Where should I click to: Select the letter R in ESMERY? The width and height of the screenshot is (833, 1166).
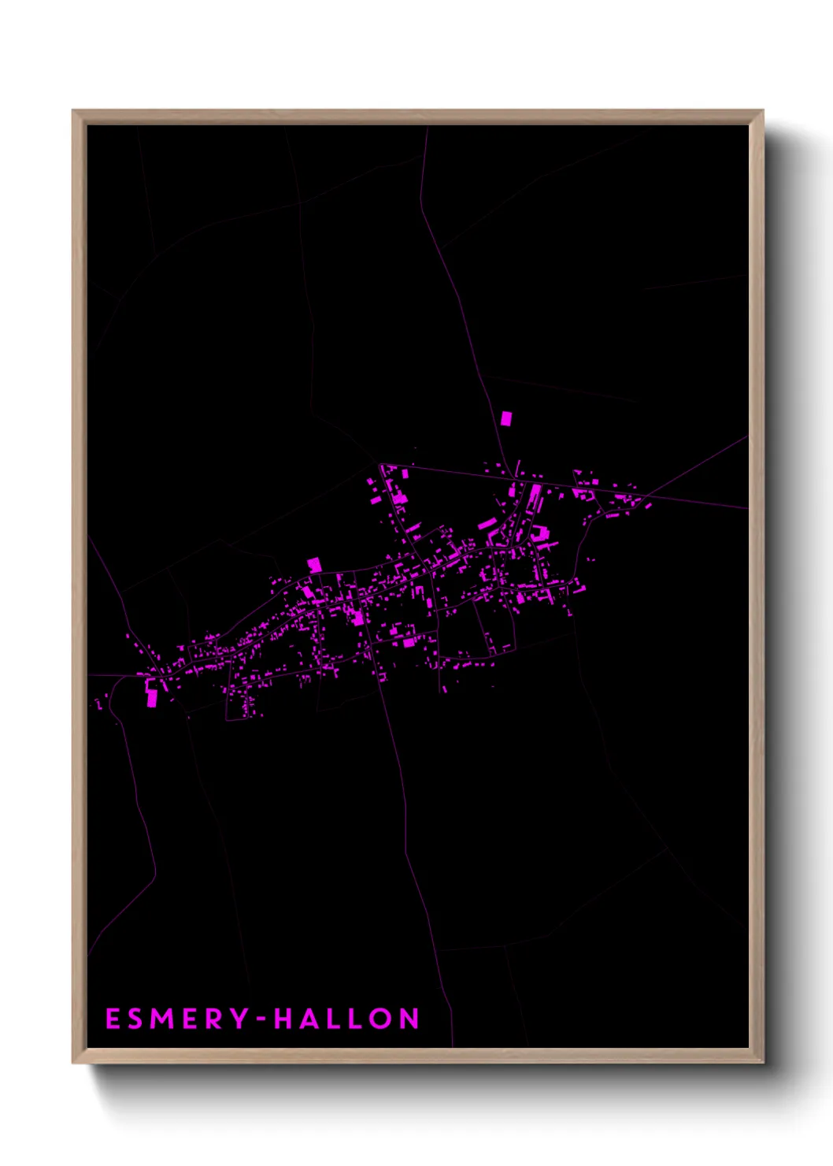pyautogui.click(x=220, y=1019)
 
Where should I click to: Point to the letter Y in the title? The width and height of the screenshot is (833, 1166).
pyautogui.click(x=241, y=1019)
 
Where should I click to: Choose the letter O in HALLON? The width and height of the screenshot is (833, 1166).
pyautogui.click(x=379, y=1019)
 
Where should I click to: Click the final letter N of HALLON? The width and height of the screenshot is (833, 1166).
pyautogui.click(x=409, y=1019)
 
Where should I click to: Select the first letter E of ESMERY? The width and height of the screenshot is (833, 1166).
pyautogui.click(x=112, y=1019)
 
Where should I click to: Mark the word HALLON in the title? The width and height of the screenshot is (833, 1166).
pyautogui.click(x=346, y=1019)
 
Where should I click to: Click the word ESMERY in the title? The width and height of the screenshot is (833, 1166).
pyautogui.click(x=177, y=1019)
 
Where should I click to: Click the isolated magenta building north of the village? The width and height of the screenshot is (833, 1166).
pyautogui.click(x=506, y=418)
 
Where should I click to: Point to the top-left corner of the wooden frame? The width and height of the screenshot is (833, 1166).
pyautogui.click(x=74, y=112)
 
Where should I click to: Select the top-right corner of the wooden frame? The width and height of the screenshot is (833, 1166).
pyautogui.click(x=761, y=112)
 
